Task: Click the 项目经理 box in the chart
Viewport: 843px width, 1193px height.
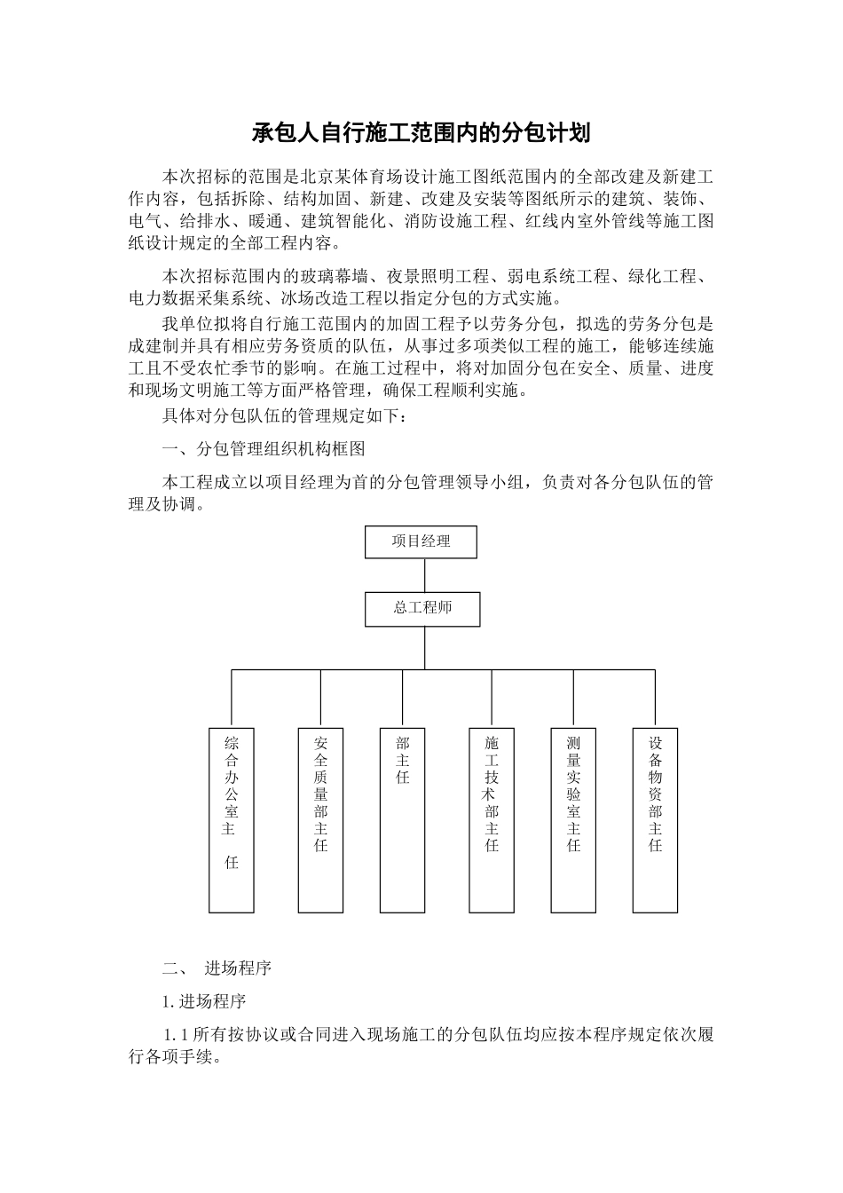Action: [x=421, y=541]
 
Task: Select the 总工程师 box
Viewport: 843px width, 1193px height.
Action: [x=423, y=609]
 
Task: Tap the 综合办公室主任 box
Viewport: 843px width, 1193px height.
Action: [x=231, y=820]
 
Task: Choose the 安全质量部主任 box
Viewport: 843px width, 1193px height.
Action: [x=320, y=820]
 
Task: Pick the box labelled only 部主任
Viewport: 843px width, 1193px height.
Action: [x=402, y=820]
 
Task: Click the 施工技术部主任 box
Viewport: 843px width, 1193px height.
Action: [x=492, y=820]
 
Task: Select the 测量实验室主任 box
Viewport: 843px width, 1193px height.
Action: [x=573, y=820]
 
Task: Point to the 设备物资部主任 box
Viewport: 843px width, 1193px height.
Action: [x=655, y=820]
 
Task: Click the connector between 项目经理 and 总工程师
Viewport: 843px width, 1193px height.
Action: [x=423, y=575]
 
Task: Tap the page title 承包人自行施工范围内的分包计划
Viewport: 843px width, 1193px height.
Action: [x=421, y=134]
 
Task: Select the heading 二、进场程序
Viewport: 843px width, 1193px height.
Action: [x=217, y=968]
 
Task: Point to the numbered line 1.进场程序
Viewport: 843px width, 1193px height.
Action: [x=203, y=1001]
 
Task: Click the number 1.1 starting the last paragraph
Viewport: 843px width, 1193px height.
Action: [x=175, y=1035]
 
